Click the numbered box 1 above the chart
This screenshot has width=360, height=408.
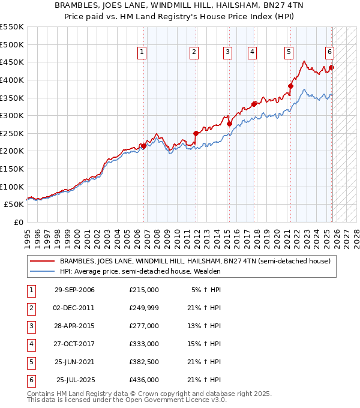point(142,53)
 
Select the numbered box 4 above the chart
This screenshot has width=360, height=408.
point(253,53)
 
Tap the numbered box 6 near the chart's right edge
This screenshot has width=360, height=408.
point(330,53)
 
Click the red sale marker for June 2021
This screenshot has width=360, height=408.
point(290,86)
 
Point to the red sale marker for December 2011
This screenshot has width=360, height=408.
point(196,133)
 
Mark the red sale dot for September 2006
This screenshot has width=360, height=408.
point(144,145)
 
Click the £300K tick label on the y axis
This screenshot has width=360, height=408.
point(13,115)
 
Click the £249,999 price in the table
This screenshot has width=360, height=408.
point(144,308)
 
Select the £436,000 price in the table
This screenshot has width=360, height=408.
point(144,380)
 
